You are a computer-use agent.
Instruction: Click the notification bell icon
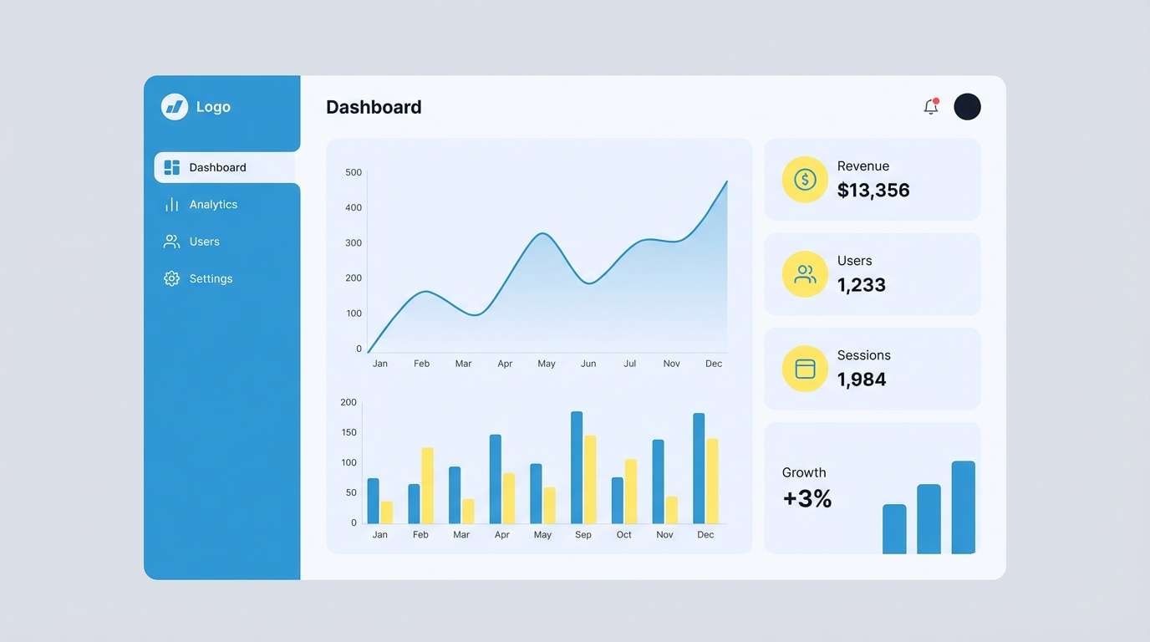tap(930, 107)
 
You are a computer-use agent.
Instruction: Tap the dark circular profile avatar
tap(967, 107)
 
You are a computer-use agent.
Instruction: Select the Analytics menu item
tap(213, 205)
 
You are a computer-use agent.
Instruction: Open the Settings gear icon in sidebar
tap(171, 279)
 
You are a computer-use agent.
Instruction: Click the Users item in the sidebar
tap(204, 242)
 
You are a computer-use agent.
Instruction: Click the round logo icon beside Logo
tap(175, 107)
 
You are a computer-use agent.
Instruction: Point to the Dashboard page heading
tap(374, 107)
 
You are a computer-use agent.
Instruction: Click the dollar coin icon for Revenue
tap(805, 180)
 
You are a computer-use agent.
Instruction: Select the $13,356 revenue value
tap(873, 191)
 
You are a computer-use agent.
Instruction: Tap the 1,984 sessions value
tap(862, 380)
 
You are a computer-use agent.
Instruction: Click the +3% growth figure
tap(807, 499)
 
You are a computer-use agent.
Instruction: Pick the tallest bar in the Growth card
tap(963, 507)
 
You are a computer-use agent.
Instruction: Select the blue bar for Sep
tap(577, 467)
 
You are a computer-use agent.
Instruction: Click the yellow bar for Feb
tap(427, 486)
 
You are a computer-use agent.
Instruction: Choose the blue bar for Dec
tap(699, 468)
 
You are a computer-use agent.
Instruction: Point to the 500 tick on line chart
tap(354, 172)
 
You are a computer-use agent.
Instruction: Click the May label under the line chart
tap(547, 364)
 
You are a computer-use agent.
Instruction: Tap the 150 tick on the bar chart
tap(349, 432)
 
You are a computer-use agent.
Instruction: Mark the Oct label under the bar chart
tap(624, 535)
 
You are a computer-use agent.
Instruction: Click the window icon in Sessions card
tap(805, 369)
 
